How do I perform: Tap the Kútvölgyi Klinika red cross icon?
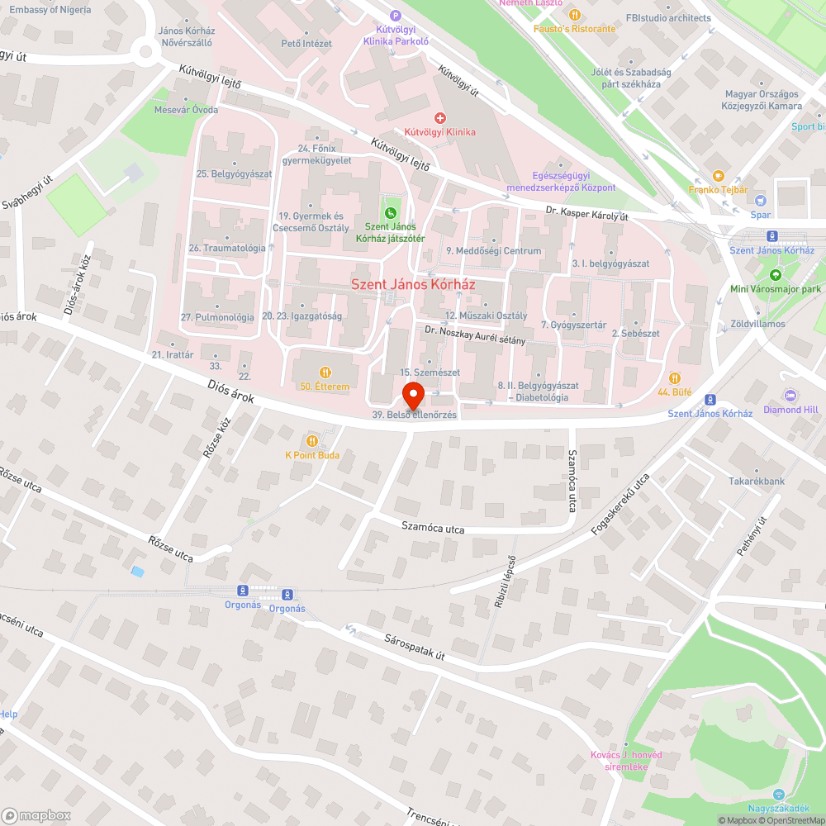(x=440, y=119)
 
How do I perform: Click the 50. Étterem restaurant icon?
(x=325, y=373)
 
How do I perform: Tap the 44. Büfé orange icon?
(x=675, y=378)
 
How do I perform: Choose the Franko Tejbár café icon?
(x=718, y=176)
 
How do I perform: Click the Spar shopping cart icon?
(x=760, y=201)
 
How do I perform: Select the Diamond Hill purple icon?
(x=790, y=396)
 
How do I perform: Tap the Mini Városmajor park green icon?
(x=775, y=275)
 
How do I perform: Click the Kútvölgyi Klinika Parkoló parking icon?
(x=396, y=15)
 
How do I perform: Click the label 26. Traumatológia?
(x=227, y=248)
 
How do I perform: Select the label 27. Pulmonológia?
(x=217, y=317)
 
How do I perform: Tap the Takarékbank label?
(x=757, y=481)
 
